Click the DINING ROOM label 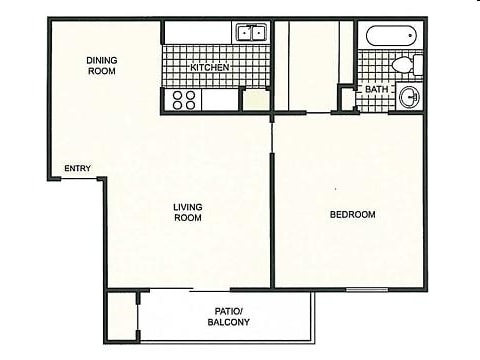[101, 66]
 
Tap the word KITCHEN [210, 67]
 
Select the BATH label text [376, 90]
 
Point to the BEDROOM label [352, 215]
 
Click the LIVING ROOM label [188, 212]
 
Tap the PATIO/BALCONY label [229, 316]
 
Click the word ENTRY [77, 168]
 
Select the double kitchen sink [250, 33]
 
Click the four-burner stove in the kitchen [184, 99]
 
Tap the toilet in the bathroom [405, 65]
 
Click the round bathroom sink [409, 98]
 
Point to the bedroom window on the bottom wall [367, 289]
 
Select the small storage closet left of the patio [123, 316]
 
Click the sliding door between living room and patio [170, 290]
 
